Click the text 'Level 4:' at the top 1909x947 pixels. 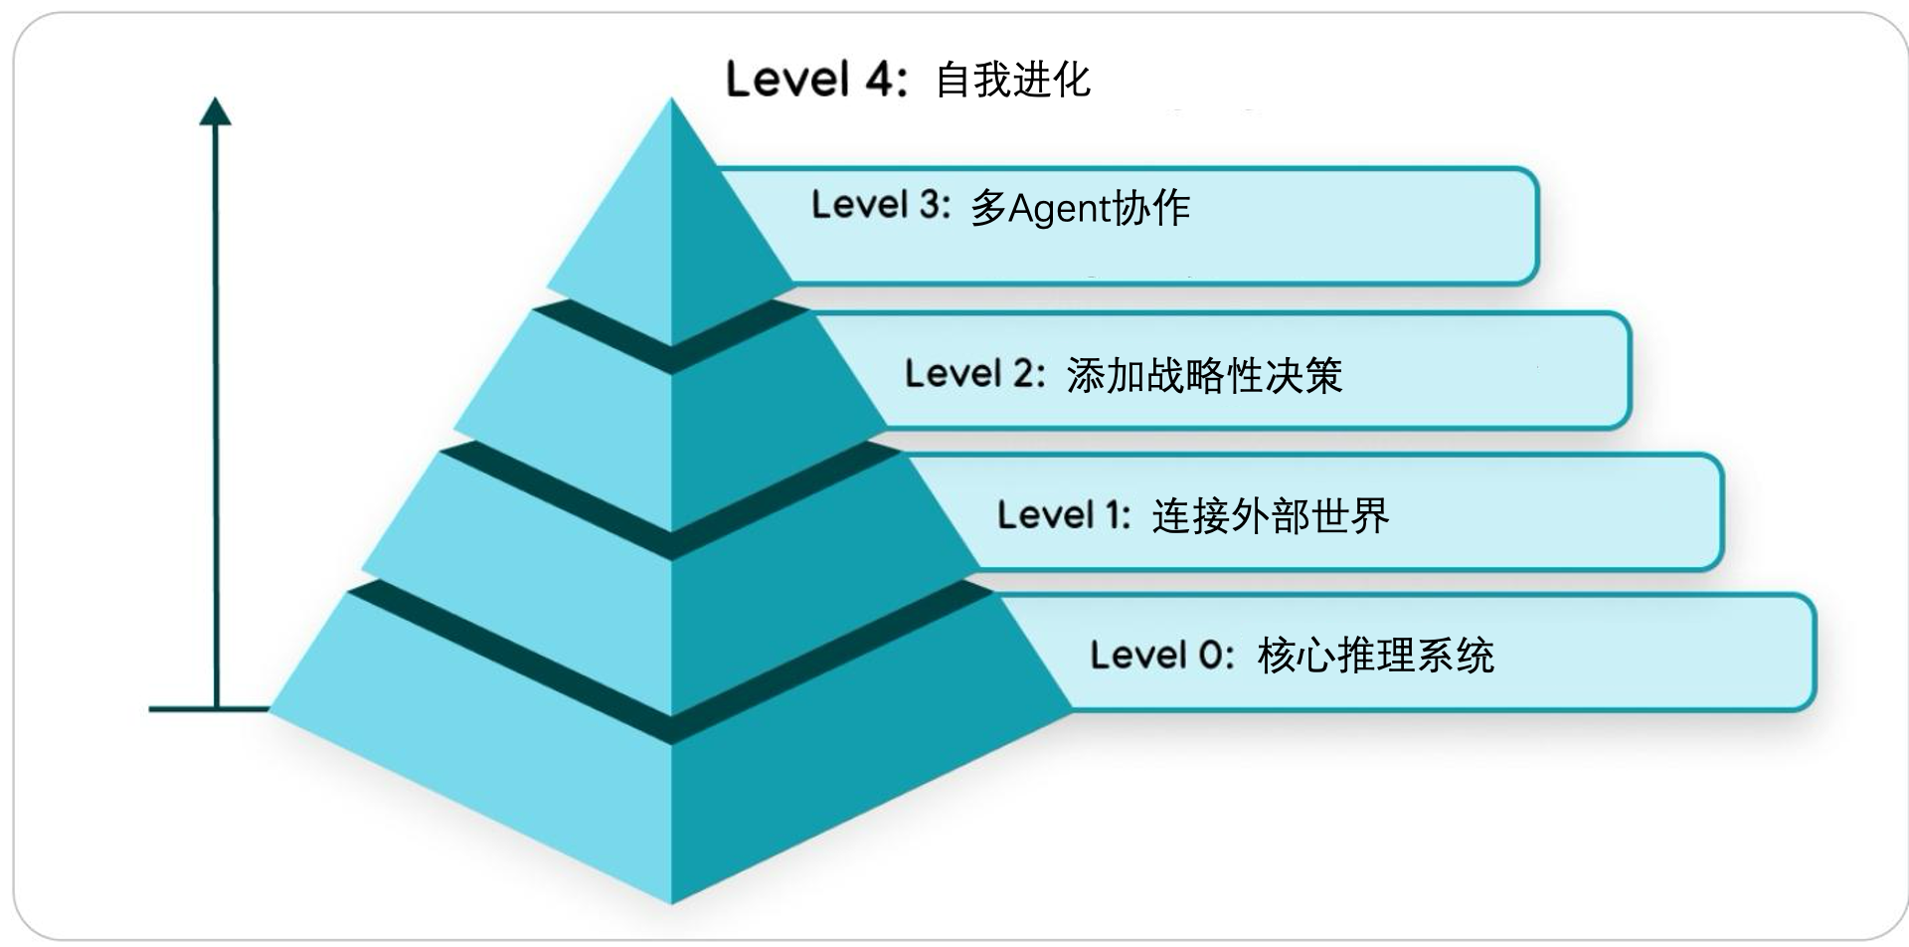click(x=816, y=80)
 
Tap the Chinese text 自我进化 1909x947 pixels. click(x=1013, y=81)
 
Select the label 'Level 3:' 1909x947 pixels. click(x=881, y=205)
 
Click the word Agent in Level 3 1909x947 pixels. click(x=1059, y=209)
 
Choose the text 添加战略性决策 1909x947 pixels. click(x=1204, y=376)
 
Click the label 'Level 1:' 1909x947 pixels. click(x=1064, y=515)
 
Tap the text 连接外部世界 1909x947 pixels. click(x=1271, y=516)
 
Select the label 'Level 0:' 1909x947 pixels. click(x=1161, y=656)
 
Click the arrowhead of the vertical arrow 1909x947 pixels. click(x=215, y=110)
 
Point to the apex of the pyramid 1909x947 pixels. click(x=671, y=102)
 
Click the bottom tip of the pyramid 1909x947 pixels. click(x=671, y=900)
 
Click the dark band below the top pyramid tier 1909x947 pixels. click(x=671, y=348)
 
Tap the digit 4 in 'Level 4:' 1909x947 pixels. click(x=881, y=80)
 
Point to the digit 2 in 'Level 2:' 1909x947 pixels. click(x=1024, y=374)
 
